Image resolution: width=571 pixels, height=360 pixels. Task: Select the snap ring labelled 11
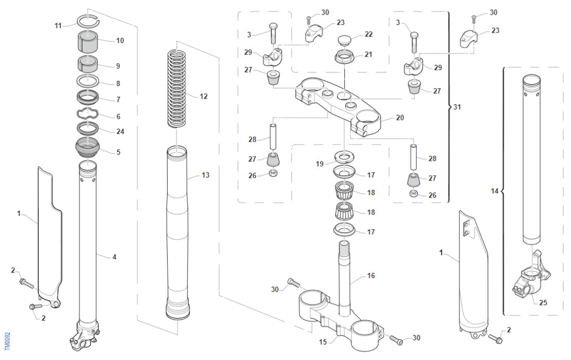tap(88, 21)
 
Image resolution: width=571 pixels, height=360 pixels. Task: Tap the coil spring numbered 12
tap(176, 88)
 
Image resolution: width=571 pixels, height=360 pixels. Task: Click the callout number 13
tap(206, 175)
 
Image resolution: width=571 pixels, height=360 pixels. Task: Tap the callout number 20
tap(399, 118)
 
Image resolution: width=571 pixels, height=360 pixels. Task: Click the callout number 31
tap(457, 107)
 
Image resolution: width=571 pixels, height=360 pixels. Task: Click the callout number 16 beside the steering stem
tap(371, 275)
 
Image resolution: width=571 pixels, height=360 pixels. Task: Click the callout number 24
tap(120, 131)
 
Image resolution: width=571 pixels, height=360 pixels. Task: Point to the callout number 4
tap(114, 256)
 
